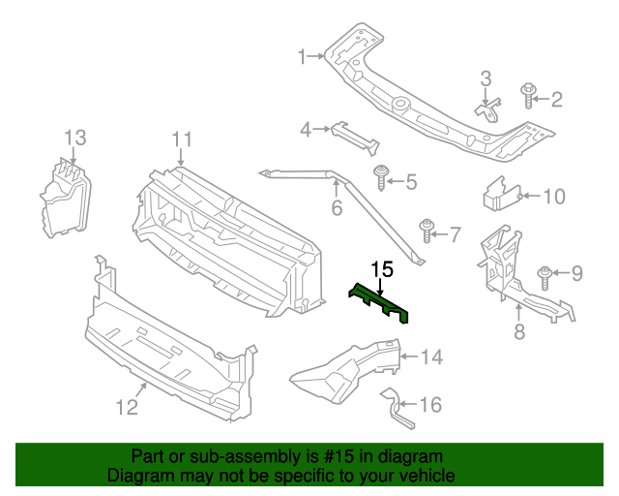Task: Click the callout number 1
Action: click(x=302, y=56)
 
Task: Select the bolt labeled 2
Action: click(x=528, y=96)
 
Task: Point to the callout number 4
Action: click(x=305, y=129)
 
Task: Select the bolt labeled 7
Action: click(x=427, y=232)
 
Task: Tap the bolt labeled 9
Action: click(x=545, y=275)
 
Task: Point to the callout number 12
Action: click(x=128, y=407)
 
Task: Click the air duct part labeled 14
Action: click(x=348, y=372)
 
